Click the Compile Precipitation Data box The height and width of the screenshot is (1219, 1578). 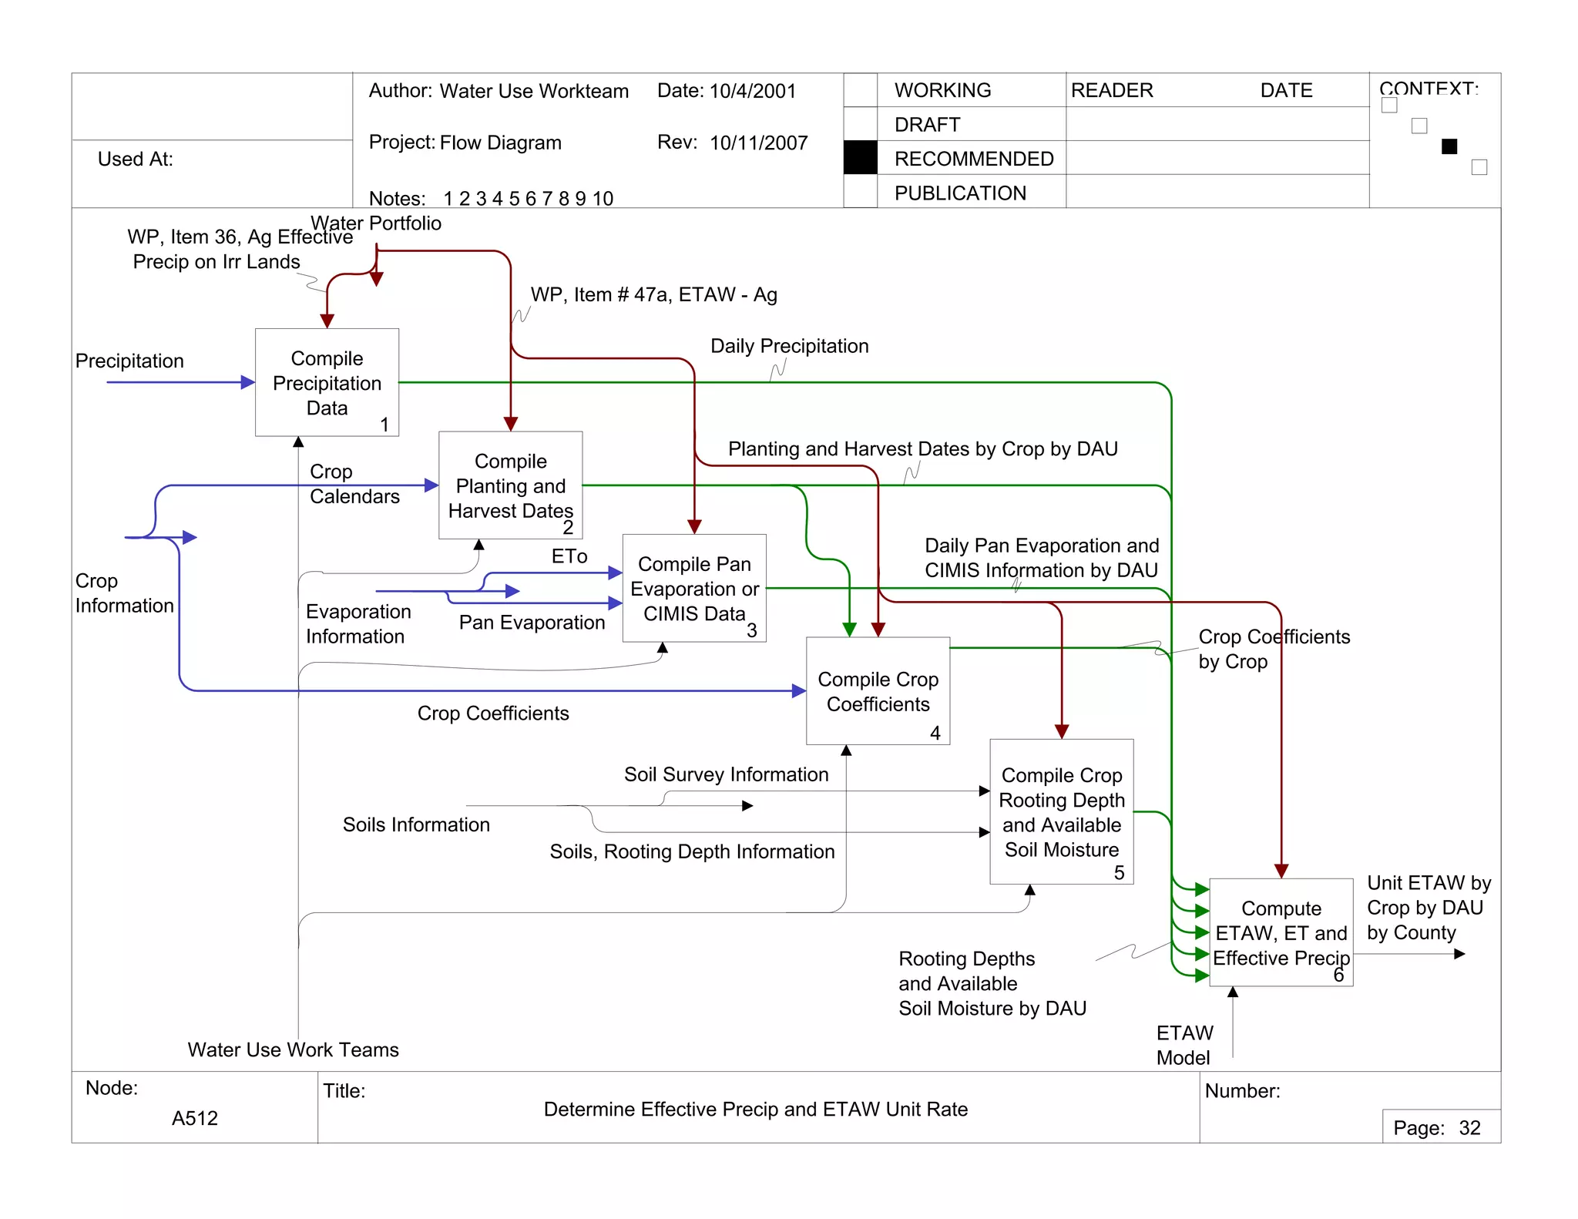[327, 383]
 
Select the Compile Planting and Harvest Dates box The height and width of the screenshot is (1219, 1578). [510, 485]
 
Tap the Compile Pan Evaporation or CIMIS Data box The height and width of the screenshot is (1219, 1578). [693, 588]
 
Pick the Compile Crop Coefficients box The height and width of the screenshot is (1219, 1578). [878, 691]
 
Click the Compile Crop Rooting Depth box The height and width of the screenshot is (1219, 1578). [1061, 811]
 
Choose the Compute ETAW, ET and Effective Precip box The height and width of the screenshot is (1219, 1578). [1281, 932]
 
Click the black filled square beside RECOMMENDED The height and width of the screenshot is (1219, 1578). [860, 158]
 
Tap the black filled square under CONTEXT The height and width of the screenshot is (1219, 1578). [1449, 146]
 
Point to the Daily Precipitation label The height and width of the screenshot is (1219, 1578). [789, 346]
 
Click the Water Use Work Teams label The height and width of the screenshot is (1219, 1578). [293, 1049]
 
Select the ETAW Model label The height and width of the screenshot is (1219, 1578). [1184, 1045]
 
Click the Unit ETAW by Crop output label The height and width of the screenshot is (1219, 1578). [1428, 907]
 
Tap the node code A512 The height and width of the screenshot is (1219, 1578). [195, 1118]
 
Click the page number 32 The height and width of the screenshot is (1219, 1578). [1469, 1128]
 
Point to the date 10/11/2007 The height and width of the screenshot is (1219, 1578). [758, 143]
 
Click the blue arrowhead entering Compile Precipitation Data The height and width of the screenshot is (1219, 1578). [248, 382]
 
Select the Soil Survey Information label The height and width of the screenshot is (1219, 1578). [726, 774]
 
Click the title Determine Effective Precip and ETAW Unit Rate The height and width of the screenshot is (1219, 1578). [755, 1109]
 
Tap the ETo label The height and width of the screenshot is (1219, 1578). [569, 556]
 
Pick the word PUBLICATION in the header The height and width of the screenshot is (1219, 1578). [960, 193]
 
